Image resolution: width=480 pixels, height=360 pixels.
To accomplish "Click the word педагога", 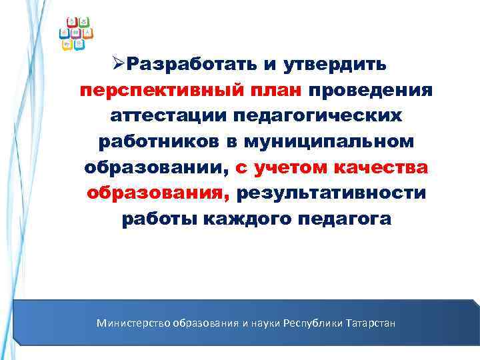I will pyautogui.click(x=345, y=219).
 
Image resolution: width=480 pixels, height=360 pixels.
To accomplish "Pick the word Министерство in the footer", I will pyautogui.click(x=133, y=323).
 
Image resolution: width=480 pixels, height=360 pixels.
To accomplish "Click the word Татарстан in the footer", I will pyautogui.click(x=371, y=323).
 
